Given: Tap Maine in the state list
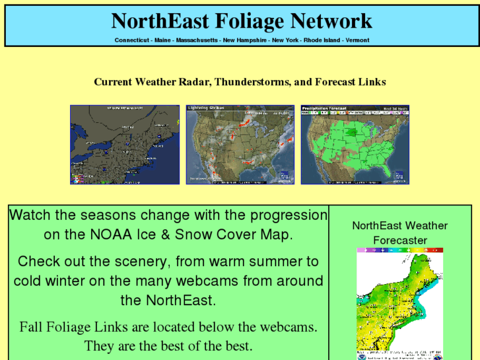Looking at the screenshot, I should [162, 40].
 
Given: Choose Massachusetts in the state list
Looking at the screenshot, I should [197, 40].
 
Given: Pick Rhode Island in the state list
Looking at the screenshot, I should [322, 40].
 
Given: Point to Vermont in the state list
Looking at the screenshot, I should [357, 40].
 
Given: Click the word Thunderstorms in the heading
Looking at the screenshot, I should [252, 82].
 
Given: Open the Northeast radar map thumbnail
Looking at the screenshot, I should [125, 145].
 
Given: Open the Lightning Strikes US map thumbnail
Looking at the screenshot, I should [240, 145].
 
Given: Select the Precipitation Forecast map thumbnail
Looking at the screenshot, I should [355, 145].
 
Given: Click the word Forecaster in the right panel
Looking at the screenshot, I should [400, 240].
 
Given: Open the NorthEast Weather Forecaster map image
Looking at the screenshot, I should [400, 304].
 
